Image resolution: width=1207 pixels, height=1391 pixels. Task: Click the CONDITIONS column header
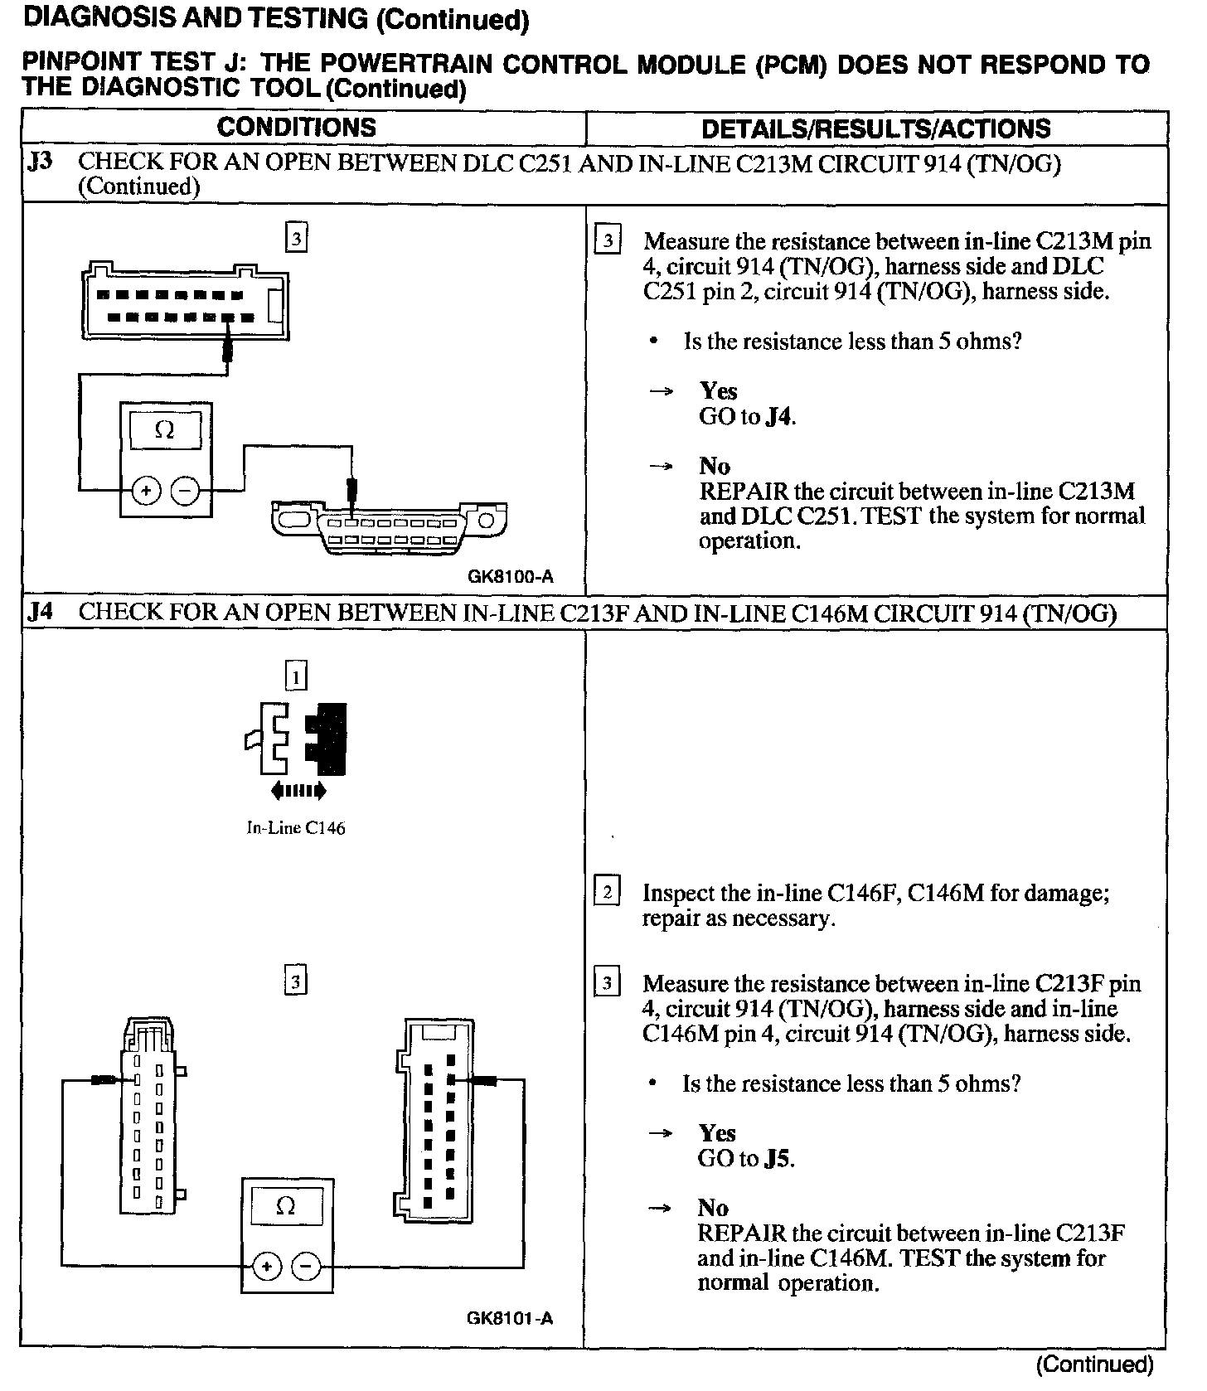(x=296, y=128)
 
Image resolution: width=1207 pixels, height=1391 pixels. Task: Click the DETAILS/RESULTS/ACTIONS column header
(x=875, y=128)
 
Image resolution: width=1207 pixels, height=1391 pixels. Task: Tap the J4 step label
(x=40, y=613)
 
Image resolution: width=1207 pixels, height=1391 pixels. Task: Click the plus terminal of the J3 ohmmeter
(x=146, y=491)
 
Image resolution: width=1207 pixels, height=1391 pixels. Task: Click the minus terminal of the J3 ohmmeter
(x=184, y=491)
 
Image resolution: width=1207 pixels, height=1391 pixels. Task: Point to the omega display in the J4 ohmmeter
(x=286, y=1207)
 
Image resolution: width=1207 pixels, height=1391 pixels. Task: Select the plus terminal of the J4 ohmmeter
(x=267, y=1267)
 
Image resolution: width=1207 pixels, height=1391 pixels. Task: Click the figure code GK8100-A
(x=511, y=576)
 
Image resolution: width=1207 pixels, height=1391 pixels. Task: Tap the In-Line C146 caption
(x=296, y=828)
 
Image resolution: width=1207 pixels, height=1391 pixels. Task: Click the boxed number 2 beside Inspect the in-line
(x=607, y=893)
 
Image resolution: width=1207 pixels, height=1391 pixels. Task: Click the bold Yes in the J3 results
(x=718, y=390)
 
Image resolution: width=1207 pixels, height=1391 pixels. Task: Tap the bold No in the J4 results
(x=713, y=1208)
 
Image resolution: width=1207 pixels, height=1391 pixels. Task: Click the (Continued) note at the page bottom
(x=1094, y=1364)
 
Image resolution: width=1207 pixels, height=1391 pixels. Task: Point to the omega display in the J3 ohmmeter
(x=165, y=430)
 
